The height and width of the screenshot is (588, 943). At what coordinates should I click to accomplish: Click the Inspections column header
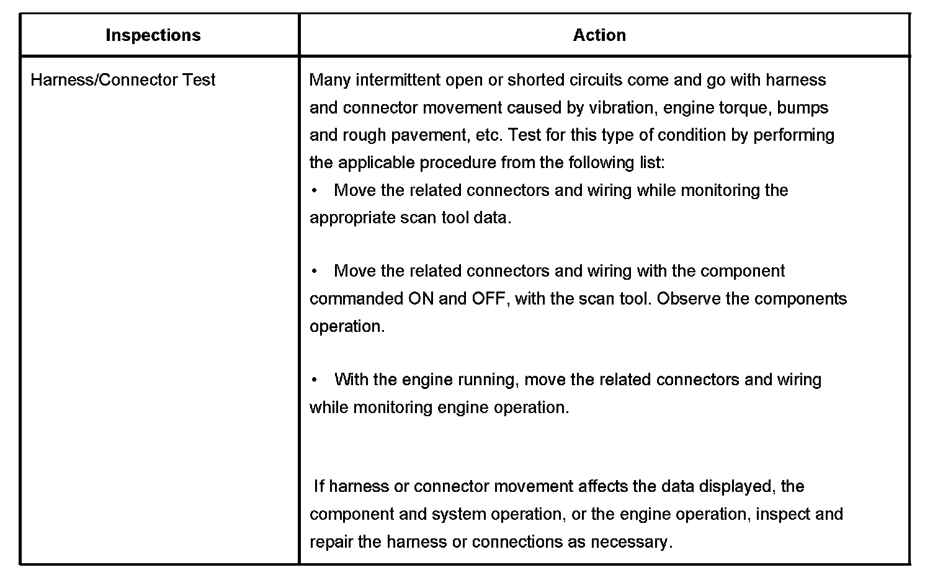point(153,35)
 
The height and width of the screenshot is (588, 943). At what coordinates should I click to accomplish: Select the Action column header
point(599,35)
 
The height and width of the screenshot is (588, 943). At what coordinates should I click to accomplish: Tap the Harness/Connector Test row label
point(123,80)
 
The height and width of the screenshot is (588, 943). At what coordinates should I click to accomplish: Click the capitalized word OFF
point(489,299)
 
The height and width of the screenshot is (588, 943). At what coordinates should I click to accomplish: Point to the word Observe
point(688,299)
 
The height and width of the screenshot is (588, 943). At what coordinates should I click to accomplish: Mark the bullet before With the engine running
point(315,380)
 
